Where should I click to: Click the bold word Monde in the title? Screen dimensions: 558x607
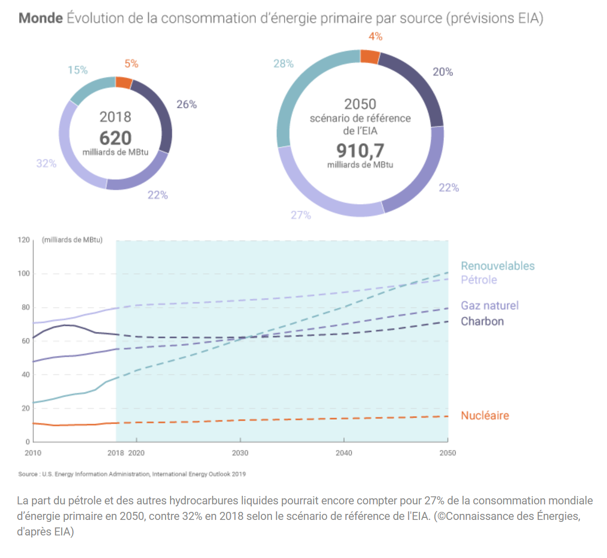41,18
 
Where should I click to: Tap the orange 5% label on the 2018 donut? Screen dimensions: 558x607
131,64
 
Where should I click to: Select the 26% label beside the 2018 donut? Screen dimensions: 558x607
187,104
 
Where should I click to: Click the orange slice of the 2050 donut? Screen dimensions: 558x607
370,56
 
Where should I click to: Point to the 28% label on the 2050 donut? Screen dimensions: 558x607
283,64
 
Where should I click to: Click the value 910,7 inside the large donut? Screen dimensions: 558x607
360,150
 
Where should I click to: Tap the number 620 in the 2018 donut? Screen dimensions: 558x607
115,138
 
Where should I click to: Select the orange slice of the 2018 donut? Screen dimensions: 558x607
124,82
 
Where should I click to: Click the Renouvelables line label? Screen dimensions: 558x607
498,266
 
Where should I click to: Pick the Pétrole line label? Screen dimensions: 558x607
479,280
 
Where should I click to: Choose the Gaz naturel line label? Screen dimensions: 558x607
490,305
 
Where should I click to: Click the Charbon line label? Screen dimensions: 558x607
482,321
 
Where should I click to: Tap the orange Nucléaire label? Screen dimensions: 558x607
485,415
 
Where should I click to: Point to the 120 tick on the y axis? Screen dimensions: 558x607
24,240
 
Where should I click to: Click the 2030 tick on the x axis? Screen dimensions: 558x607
240,453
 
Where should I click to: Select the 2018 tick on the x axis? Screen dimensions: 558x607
116,453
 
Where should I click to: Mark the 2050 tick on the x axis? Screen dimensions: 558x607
447,453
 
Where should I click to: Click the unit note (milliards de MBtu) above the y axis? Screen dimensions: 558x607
72,240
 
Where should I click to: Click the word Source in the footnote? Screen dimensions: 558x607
28,474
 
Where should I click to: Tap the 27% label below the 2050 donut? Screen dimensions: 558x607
301,215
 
